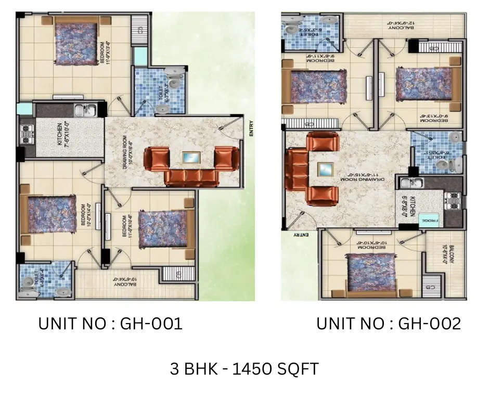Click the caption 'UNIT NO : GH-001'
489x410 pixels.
110,324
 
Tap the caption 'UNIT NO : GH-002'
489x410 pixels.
389,324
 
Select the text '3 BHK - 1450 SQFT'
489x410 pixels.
244,369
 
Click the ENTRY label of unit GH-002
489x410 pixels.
301,235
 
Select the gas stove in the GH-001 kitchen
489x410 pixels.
25,134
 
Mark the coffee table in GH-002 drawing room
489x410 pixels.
326,169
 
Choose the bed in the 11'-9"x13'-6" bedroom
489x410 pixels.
77,43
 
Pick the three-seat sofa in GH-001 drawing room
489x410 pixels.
191,177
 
